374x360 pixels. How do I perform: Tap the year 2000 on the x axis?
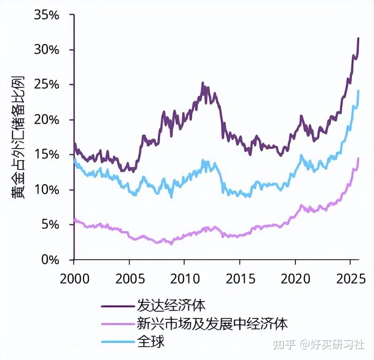[74, 279]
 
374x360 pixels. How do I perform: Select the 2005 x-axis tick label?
[129, 279]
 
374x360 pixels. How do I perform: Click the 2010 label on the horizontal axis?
[184, 279]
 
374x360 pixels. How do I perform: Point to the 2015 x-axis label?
[240, 279]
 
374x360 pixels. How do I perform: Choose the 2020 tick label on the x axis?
[295, 279]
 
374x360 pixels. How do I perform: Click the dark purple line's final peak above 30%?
[358, 39]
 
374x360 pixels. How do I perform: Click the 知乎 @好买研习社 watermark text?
[319, 344]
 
